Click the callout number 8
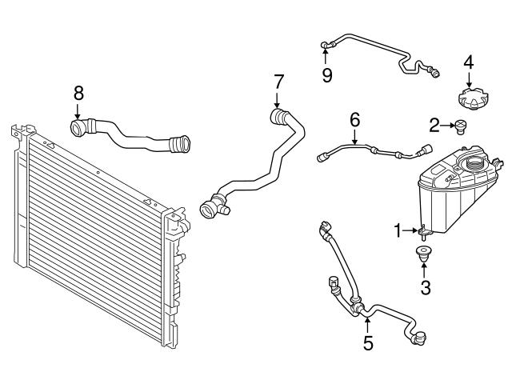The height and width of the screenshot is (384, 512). point(78,92)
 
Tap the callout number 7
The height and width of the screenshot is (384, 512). point(278,82)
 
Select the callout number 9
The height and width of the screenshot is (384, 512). point(327,75)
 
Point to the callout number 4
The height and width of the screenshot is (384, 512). point(469,62)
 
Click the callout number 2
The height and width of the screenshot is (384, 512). point(434,124)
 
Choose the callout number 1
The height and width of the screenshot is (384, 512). point(398,231)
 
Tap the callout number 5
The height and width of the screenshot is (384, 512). point(367,343)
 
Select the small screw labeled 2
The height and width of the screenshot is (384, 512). point(461,124)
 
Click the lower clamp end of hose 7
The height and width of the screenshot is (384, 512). point(211,207)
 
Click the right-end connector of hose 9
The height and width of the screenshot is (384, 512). point(436,74)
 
